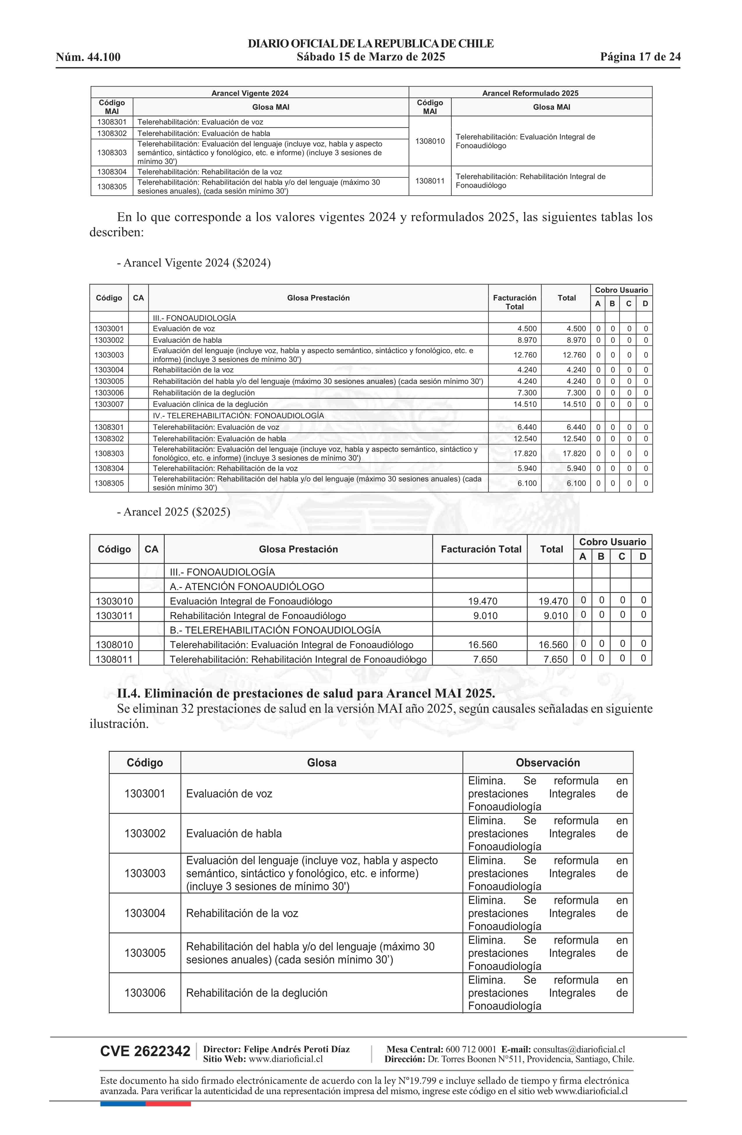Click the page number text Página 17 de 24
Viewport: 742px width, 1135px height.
coord(640,57)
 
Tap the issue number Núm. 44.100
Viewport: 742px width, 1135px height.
coord(88,57)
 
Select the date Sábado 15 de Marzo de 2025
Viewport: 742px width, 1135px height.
coord(370,57)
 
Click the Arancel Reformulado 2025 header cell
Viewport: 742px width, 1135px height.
coord(530,93)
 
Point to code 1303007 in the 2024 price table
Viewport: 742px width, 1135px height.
coord(109,404)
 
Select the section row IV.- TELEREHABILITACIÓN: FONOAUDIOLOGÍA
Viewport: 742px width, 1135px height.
coord(238,415)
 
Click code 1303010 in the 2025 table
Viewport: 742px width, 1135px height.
coord(114,601)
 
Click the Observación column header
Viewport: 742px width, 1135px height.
coord(547,762)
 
